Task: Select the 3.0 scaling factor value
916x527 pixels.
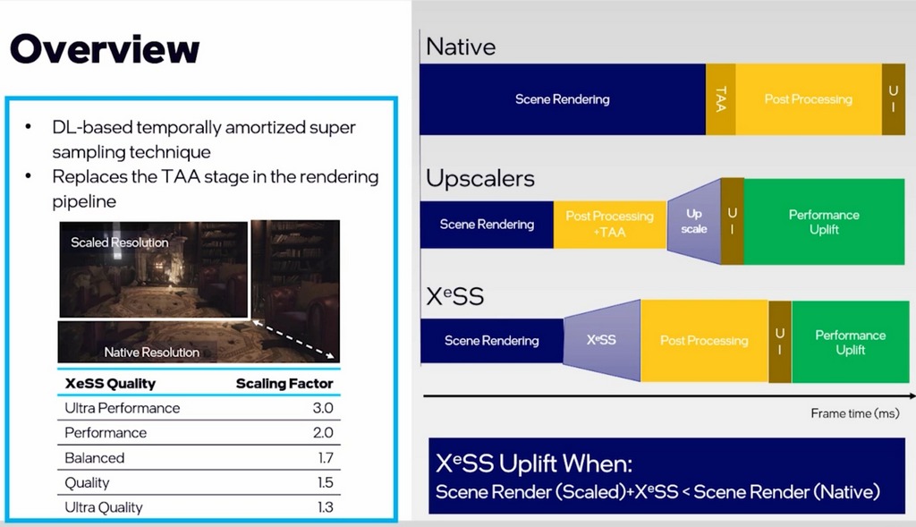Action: [x=323, y=408]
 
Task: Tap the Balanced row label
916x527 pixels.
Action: [x=95, y=458]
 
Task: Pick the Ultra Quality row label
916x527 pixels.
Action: [x=104, y=507]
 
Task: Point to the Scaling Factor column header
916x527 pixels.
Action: [x=284, y=384]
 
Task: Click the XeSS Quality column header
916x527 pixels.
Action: [x=110, y=384]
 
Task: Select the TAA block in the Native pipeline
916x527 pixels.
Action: [x=720, y=99]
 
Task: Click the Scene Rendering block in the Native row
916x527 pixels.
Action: [x=562, y=99]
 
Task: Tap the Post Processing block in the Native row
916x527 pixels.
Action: [x=808, y=99]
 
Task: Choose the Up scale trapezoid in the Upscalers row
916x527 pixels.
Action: [x=694, y=222]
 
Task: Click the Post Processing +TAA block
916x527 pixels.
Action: [x=609, y=224]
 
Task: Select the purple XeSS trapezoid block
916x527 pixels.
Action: [x=600, y=341]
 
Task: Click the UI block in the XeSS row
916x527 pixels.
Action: [x=779, y=341]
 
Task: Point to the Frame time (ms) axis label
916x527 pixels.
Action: [x=853, y=413]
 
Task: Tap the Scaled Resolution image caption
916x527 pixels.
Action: [x=120, y=242]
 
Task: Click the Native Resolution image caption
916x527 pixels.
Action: [x=151, y=353]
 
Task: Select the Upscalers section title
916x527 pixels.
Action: [x=480, y=178]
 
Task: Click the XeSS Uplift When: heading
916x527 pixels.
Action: [x=535, y=463]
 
